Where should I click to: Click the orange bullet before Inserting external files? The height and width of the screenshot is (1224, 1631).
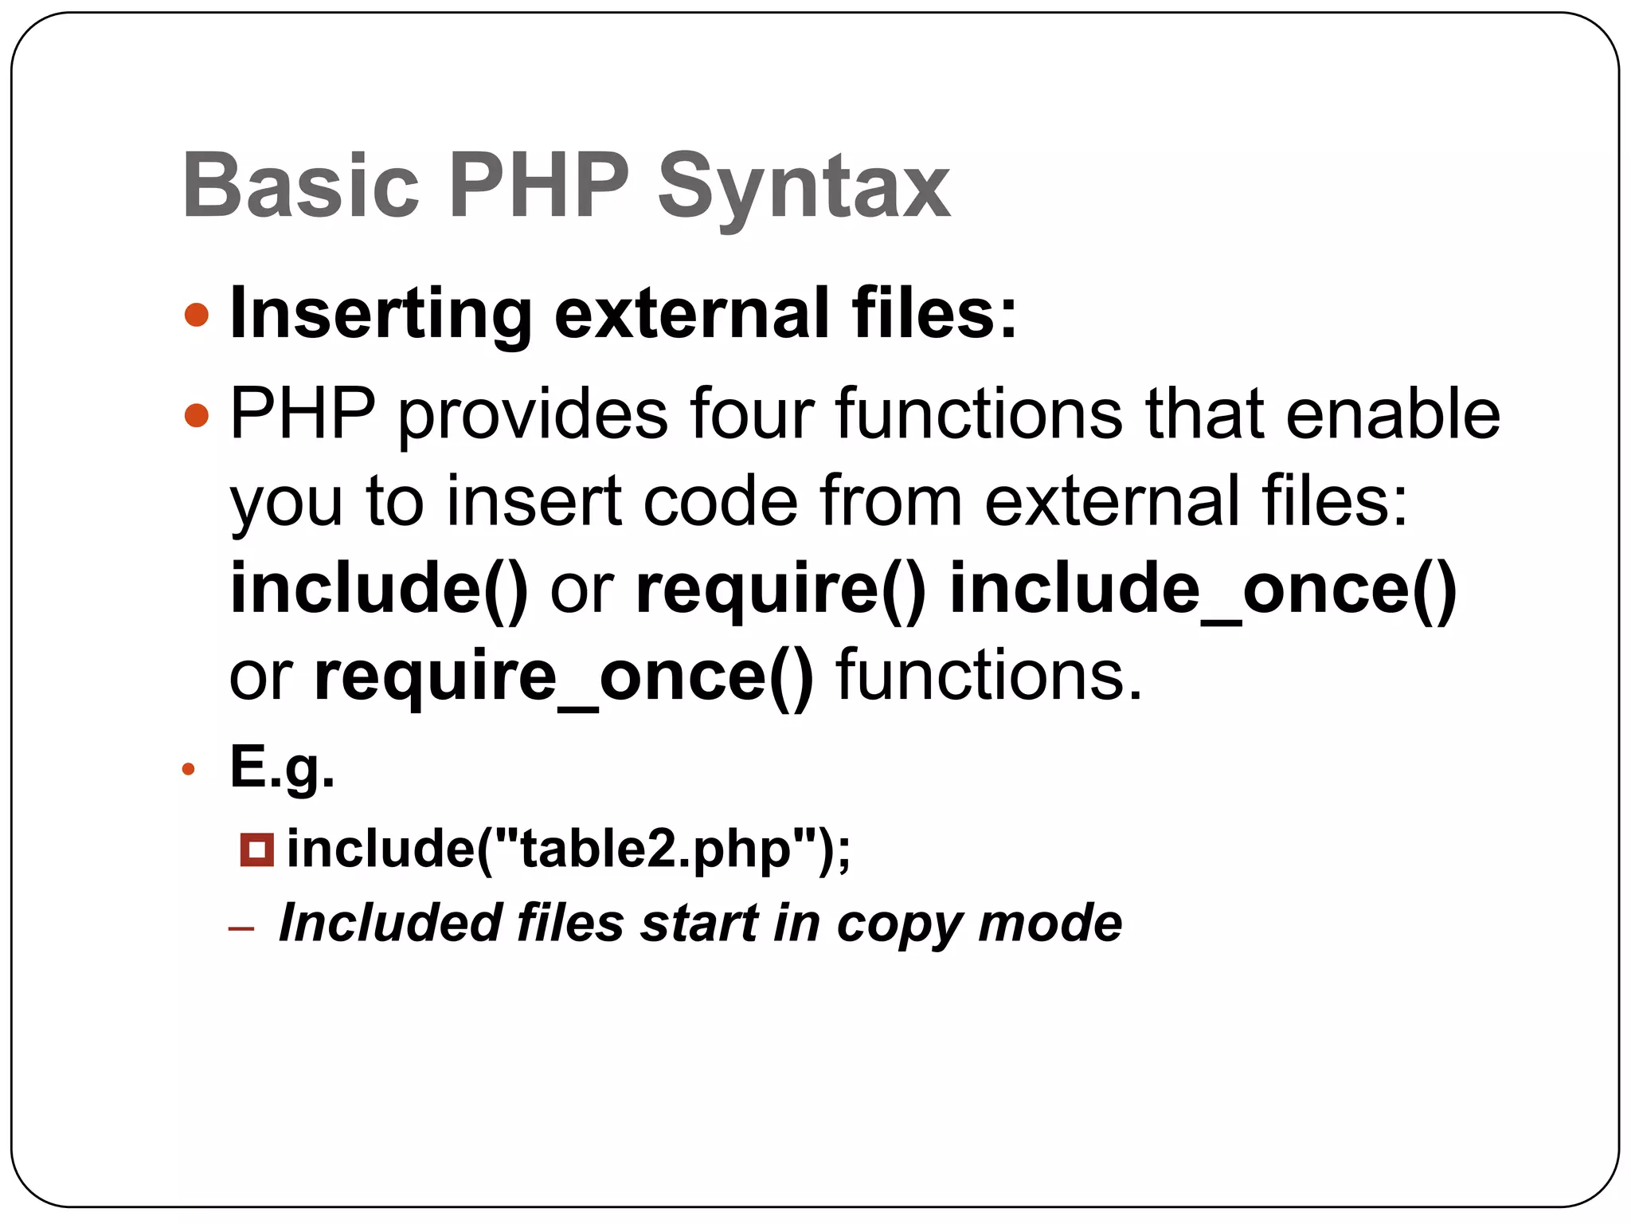(x=196, y=315)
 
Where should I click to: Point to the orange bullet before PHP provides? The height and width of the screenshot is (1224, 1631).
(x=196, y=414)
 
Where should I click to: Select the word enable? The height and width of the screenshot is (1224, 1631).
(x=1393, y=414)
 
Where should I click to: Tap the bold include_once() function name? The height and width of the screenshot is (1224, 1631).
(x=1203, y=590)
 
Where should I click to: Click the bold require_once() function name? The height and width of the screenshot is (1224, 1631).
(x=564, y=677)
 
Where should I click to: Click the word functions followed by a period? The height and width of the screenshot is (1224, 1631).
(x=988, y=677)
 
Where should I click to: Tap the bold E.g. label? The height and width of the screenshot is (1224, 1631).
(x=282, y=767)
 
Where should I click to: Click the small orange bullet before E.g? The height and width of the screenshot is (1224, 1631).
(x=189, y=769)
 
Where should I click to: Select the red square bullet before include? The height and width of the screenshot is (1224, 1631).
(x=256, y=849)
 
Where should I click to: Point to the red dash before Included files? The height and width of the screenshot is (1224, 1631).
(x=241, y=928)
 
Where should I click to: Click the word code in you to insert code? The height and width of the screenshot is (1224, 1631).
(x=720, y=501)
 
